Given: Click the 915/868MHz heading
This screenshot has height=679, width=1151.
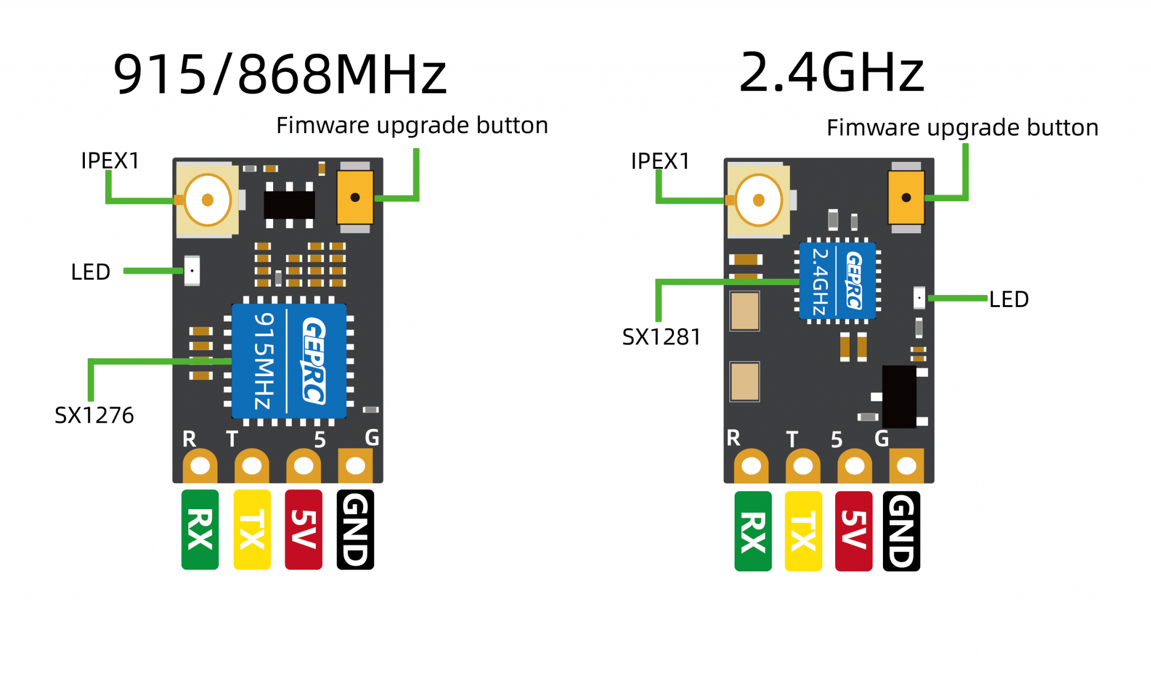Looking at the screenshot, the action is click(280, 74).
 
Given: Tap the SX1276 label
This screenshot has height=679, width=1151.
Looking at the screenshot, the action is click(94, 415).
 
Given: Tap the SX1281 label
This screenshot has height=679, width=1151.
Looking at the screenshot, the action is click(661, 337).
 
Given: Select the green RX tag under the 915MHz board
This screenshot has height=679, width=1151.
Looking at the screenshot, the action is click(200, 529).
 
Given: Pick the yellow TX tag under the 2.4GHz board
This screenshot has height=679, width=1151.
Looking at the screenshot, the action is click(803, 531).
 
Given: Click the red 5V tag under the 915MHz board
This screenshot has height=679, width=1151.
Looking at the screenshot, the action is click(303, 529).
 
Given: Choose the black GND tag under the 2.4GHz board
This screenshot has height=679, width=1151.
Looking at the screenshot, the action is click(901, 531).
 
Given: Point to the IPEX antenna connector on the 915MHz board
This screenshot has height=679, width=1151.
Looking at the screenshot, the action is click(207, 200).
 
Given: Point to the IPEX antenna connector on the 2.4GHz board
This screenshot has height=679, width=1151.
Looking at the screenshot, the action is click(758, 200).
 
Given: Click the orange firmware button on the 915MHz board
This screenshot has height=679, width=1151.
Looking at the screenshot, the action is click(355, 197).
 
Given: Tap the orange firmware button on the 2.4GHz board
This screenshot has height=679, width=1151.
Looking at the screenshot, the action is click(906, 197).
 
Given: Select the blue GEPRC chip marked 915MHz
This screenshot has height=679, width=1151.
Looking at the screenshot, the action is click(289, 361).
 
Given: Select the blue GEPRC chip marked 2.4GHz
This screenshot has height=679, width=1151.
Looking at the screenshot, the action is click(837, 280).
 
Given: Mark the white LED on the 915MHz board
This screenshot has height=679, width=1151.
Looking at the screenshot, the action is click(192, 270).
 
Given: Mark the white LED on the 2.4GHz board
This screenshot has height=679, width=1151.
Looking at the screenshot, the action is click(919, 297).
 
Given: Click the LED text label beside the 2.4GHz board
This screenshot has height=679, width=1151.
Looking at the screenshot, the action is click(1009, 299).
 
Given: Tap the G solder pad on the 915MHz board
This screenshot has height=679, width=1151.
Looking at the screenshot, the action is click(355, 465).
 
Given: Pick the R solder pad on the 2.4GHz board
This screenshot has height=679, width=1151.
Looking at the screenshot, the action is click(751, 465).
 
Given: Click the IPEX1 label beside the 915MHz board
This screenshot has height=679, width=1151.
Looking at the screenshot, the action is click(110, 161).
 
